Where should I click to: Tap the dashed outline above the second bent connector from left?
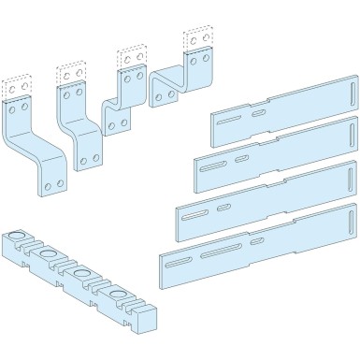[70, 73]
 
